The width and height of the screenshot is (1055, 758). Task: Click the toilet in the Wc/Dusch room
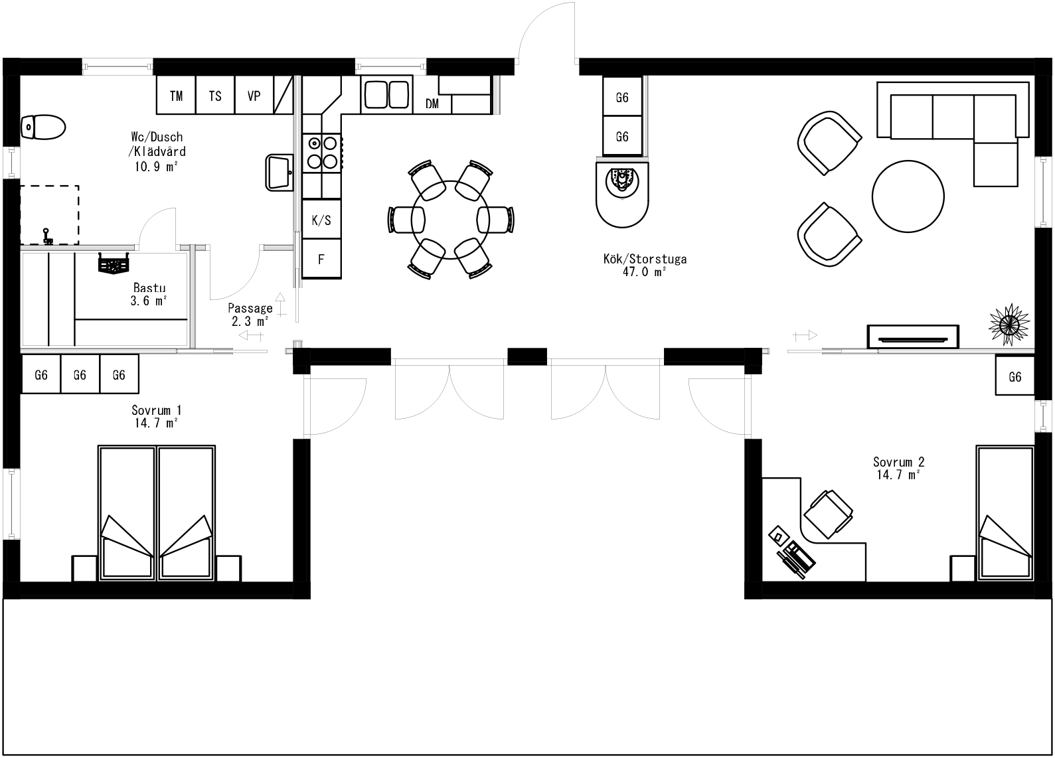[x=42, y=126]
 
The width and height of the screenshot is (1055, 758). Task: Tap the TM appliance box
[x=176, y=96]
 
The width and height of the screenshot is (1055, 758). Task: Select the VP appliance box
[x=254, y=96]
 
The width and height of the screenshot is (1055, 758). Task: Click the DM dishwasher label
[x=432, y=104]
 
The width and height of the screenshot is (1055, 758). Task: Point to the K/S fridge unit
[x=321, y=220]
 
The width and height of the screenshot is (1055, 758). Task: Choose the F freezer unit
[x=321, y=259]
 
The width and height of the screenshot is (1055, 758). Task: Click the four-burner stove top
[x=321, y=152]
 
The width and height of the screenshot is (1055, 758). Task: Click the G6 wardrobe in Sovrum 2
[x=1014, y=376]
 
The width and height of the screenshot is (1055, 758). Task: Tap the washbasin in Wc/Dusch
[x=279, y=172]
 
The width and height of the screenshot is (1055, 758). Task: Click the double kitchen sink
[x=386, y=94]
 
